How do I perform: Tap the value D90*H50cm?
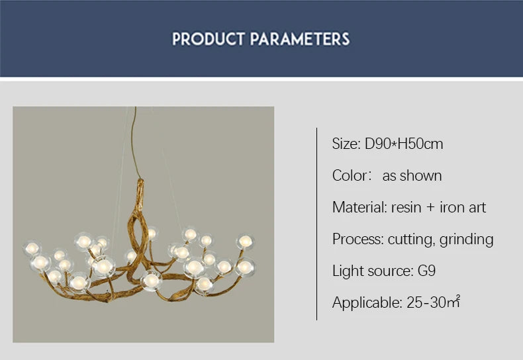click(404, 144)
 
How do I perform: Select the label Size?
click(346, 144)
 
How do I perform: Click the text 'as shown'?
click(412, 175)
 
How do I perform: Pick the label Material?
click(359, 207)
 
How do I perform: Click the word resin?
click(406, 207)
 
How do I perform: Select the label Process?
click(357, 239)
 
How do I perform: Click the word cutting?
click(411, 239)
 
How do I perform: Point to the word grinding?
click(467, 239)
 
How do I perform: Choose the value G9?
click(426, 271)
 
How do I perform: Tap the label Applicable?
click(367, 303)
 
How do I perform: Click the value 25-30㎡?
click(434, 303)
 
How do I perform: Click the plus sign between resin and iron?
click(430, 208)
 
